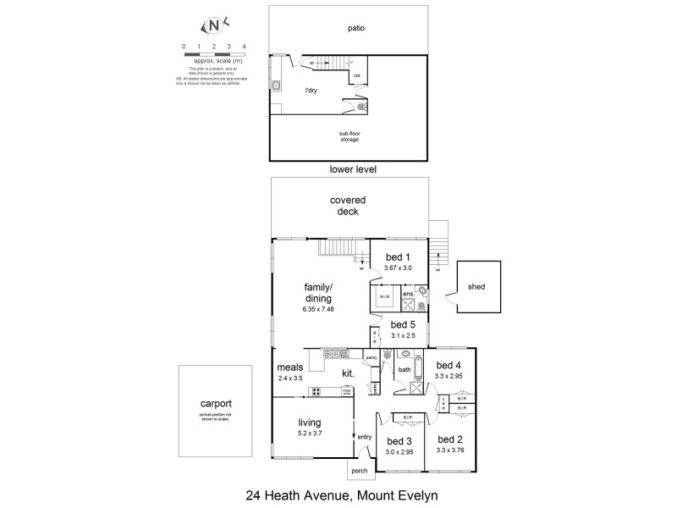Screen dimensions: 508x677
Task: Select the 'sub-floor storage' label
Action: [350, 135]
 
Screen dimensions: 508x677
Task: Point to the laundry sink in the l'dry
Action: [276, 85]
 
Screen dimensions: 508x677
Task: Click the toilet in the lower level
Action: [363, 108]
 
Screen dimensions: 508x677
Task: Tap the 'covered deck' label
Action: [348, 206]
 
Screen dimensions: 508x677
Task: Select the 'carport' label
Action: [215, 404]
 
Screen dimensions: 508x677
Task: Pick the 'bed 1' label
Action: [398, 257]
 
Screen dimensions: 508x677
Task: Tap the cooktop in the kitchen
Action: [315, 391]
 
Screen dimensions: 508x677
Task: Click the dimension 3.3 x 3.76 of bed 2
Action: [449, 450]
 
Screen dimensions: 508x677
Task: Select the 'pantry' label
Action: [371, 357]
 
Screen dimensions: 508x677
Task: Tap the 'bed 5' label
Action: [401, 324]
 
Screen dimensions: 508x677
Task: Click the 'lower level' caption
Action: [353, 169]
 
